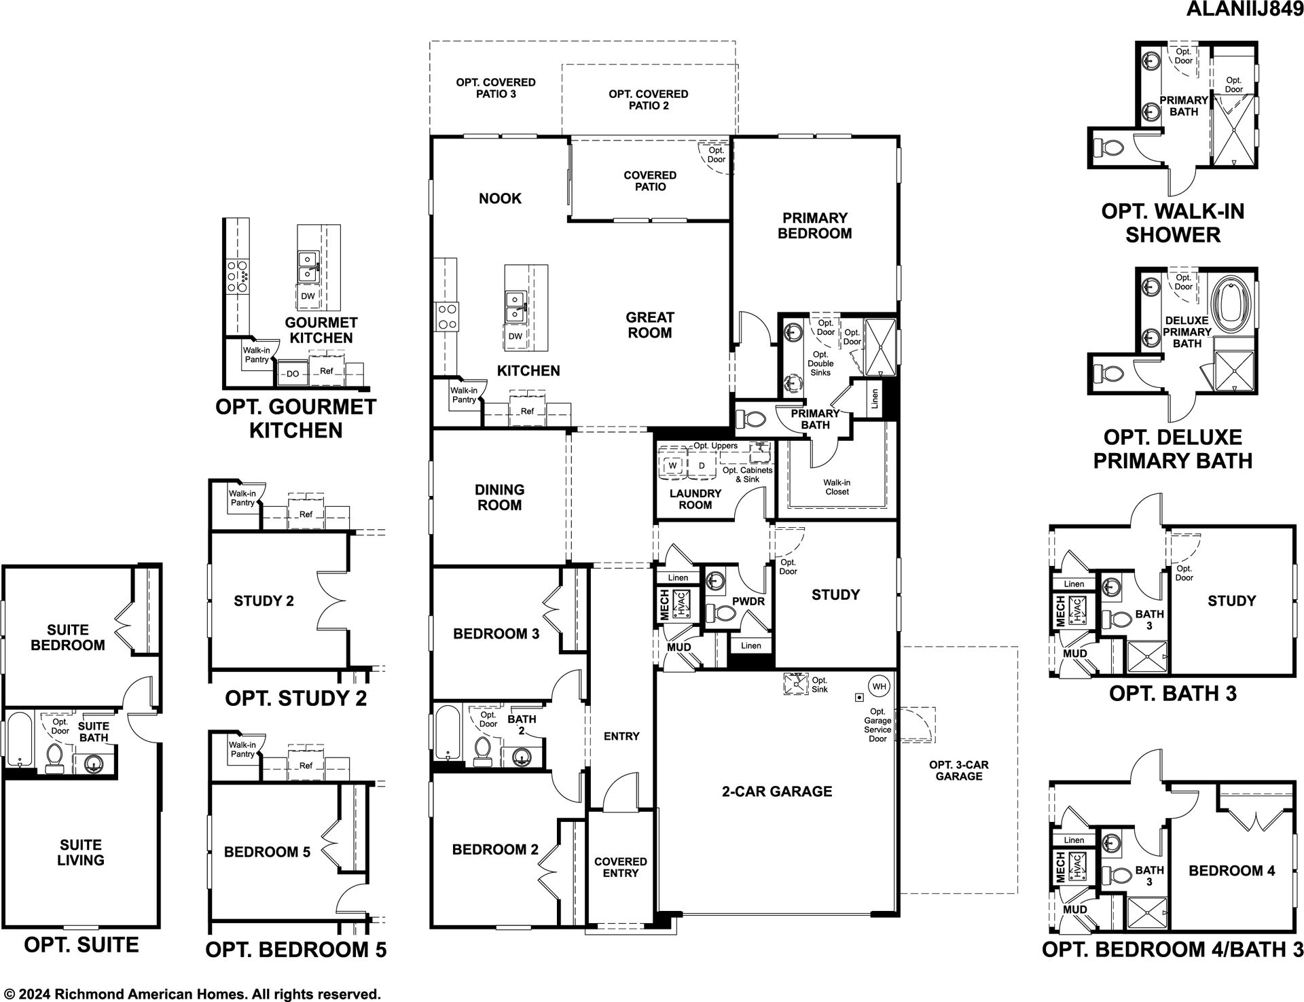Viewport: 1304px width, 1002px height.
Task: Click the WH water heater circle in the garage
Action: pyautogui.click(x=880, y=686)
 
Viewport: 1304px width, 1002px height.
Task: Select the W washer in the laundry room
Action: pyautogui.click(x=673, y=465)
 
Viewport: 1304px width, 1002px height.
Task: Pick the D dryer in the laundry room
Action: pyautogui.click(x=702, y=465)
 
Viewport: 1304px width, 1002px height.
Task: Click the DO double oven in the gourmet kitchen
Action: pyautogui.click(x=293, y=374)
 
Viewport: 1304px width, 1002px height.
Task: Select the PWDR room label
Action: pyautogui.click(x=748, y=601)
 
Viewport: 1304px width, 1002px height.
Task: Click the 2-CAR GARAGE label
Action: pyautogui.click(x=777, y=791)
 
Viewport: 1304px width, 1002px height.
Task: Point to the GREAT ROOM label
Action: pyautogui.click(x=650, y=325)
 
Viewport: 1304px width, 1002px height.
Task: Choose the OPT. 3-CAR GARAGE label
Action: pyautogui.click(x=959, y=770)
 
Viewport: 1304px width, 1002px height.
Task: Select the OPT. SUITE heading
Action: pyautogui.click(x=81, y=945)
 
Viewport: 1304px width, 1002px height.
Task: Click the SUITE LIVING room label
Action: pyautogui.click(x=81, y=853)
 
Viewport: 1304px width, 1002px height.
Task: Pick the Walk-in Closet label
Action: pyautogui.click(x=837, y=487)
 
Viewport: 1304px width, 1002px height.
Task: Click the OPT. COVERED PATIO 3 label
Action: pyautogui.click(x=496, y=88)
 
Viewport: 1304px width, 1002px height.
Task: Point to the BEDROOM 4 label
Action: pyautogui.click(x=1232, y=871)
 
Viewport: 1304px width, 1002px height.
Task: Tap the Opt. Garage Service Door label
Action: pyautogui.click(x=877, y=725)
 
